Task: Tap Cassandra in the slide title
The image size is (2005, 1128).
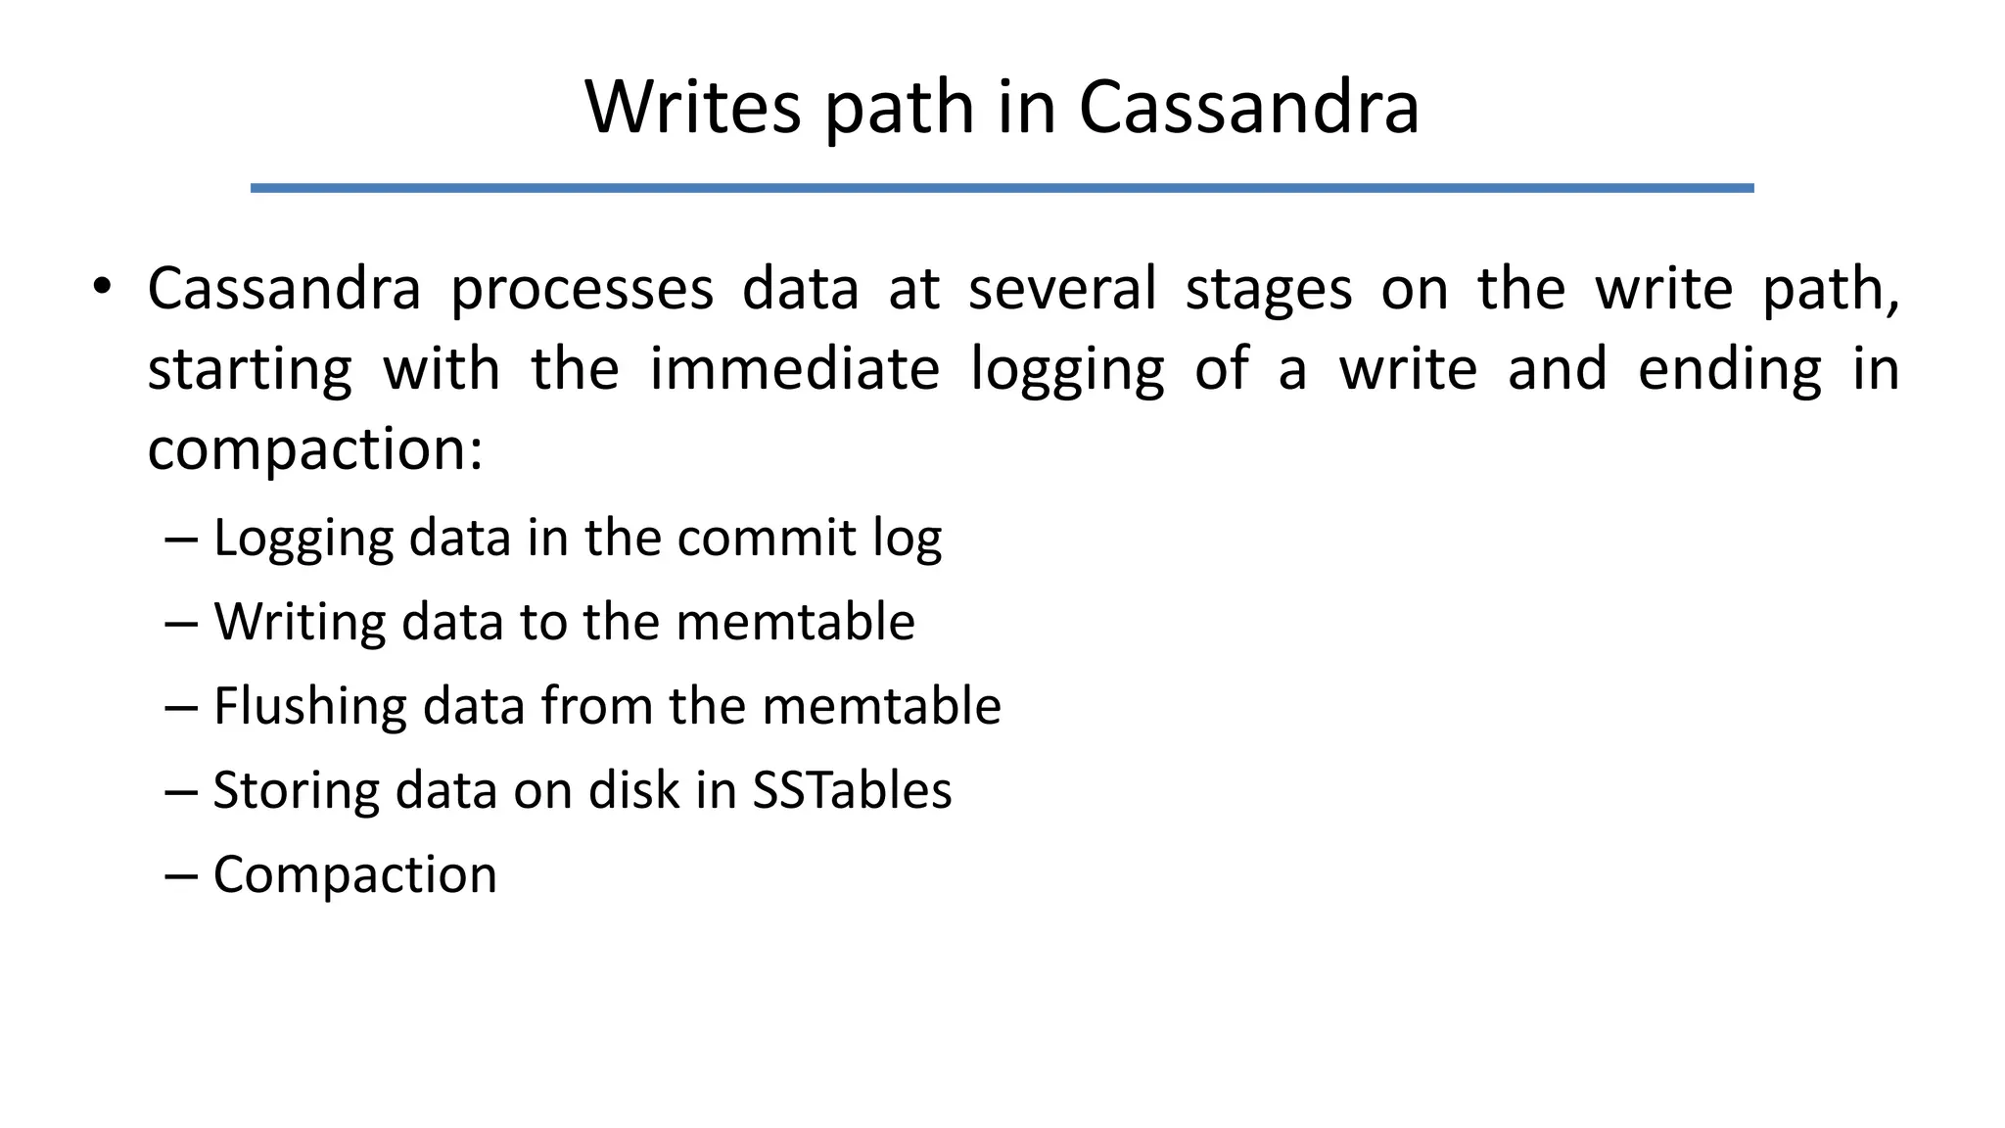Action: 1248,107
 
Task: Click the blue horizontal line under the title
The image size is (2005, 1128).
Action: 1002,188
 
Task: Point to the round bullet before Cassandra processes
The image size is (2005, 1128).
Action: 102,288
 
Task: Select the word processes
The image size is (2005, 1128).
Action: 582,290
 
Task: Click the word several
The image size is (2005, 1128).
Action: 1062,289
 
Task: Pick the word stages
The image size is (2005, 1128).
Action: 1269,291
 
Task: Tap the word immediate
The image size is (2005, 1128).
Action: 795,369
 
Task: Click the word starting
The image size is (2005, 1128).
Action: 250,371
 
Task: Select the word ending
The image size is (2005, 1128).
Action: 1730,370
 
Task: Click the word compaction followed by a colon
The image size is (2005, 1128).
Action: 315,450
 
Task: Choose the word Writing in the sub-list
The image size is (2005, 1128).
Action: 301,623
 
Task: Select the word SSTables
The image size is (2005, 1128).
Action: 852,790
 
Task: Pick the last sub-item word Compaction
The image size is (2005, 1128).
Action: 355,875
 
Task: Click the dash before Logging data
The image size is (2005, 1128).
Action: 182,540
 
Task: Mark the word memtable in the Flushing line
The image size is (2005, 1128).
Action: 881,706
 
